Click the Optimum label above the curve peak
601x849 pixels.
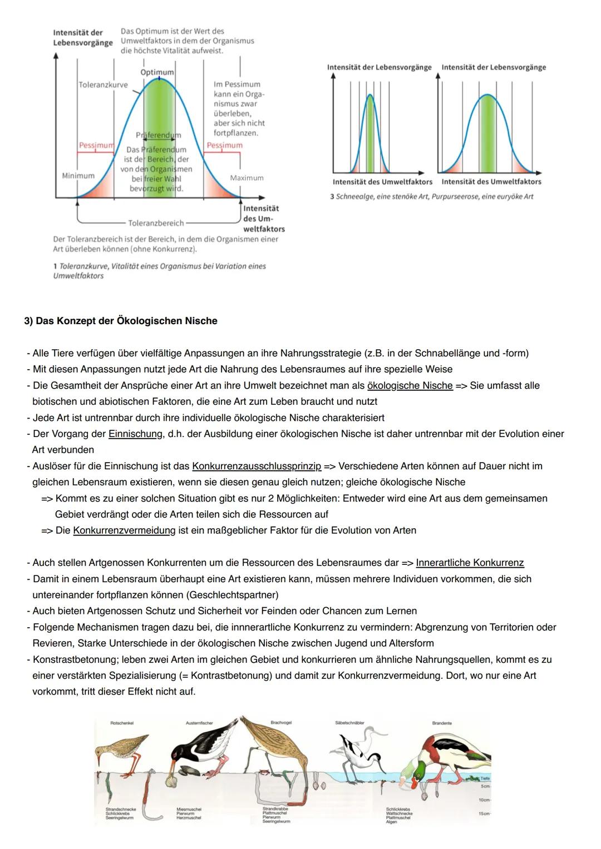(x=157, y=72)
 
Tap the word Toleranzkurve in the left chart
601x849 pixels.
(x=103, y=85)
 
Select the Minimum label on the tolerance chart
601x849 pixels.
(x=78, y=176)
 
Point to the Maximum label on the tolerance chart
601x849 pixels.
(x=247, y=178)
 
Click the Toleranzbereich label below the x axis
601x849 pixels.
(x=156, y=223)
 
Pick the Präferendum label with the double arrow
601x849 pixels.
(x=158, y=135)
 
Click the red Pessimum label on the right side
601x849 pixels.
(x=224, y=145)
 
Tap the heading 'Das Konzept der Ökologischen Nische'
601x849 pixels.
(x=121, y=321)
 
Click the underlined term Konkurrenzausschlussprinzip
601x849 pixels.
(x=257, y=466)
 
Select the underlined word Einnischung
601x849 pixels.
(x=134, y=434)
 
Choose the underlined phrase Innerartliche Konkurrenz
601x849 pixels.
(x=470, y=563)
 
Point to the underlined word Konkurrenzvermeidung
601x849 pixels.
(x=124, y=530)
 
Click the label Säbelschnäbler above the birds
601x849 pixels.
(x=349, y=723)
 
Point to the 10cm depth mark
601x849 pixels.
(x=484, y=800)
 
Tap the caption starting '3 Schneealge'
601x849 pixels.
(x=431, y=196)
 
